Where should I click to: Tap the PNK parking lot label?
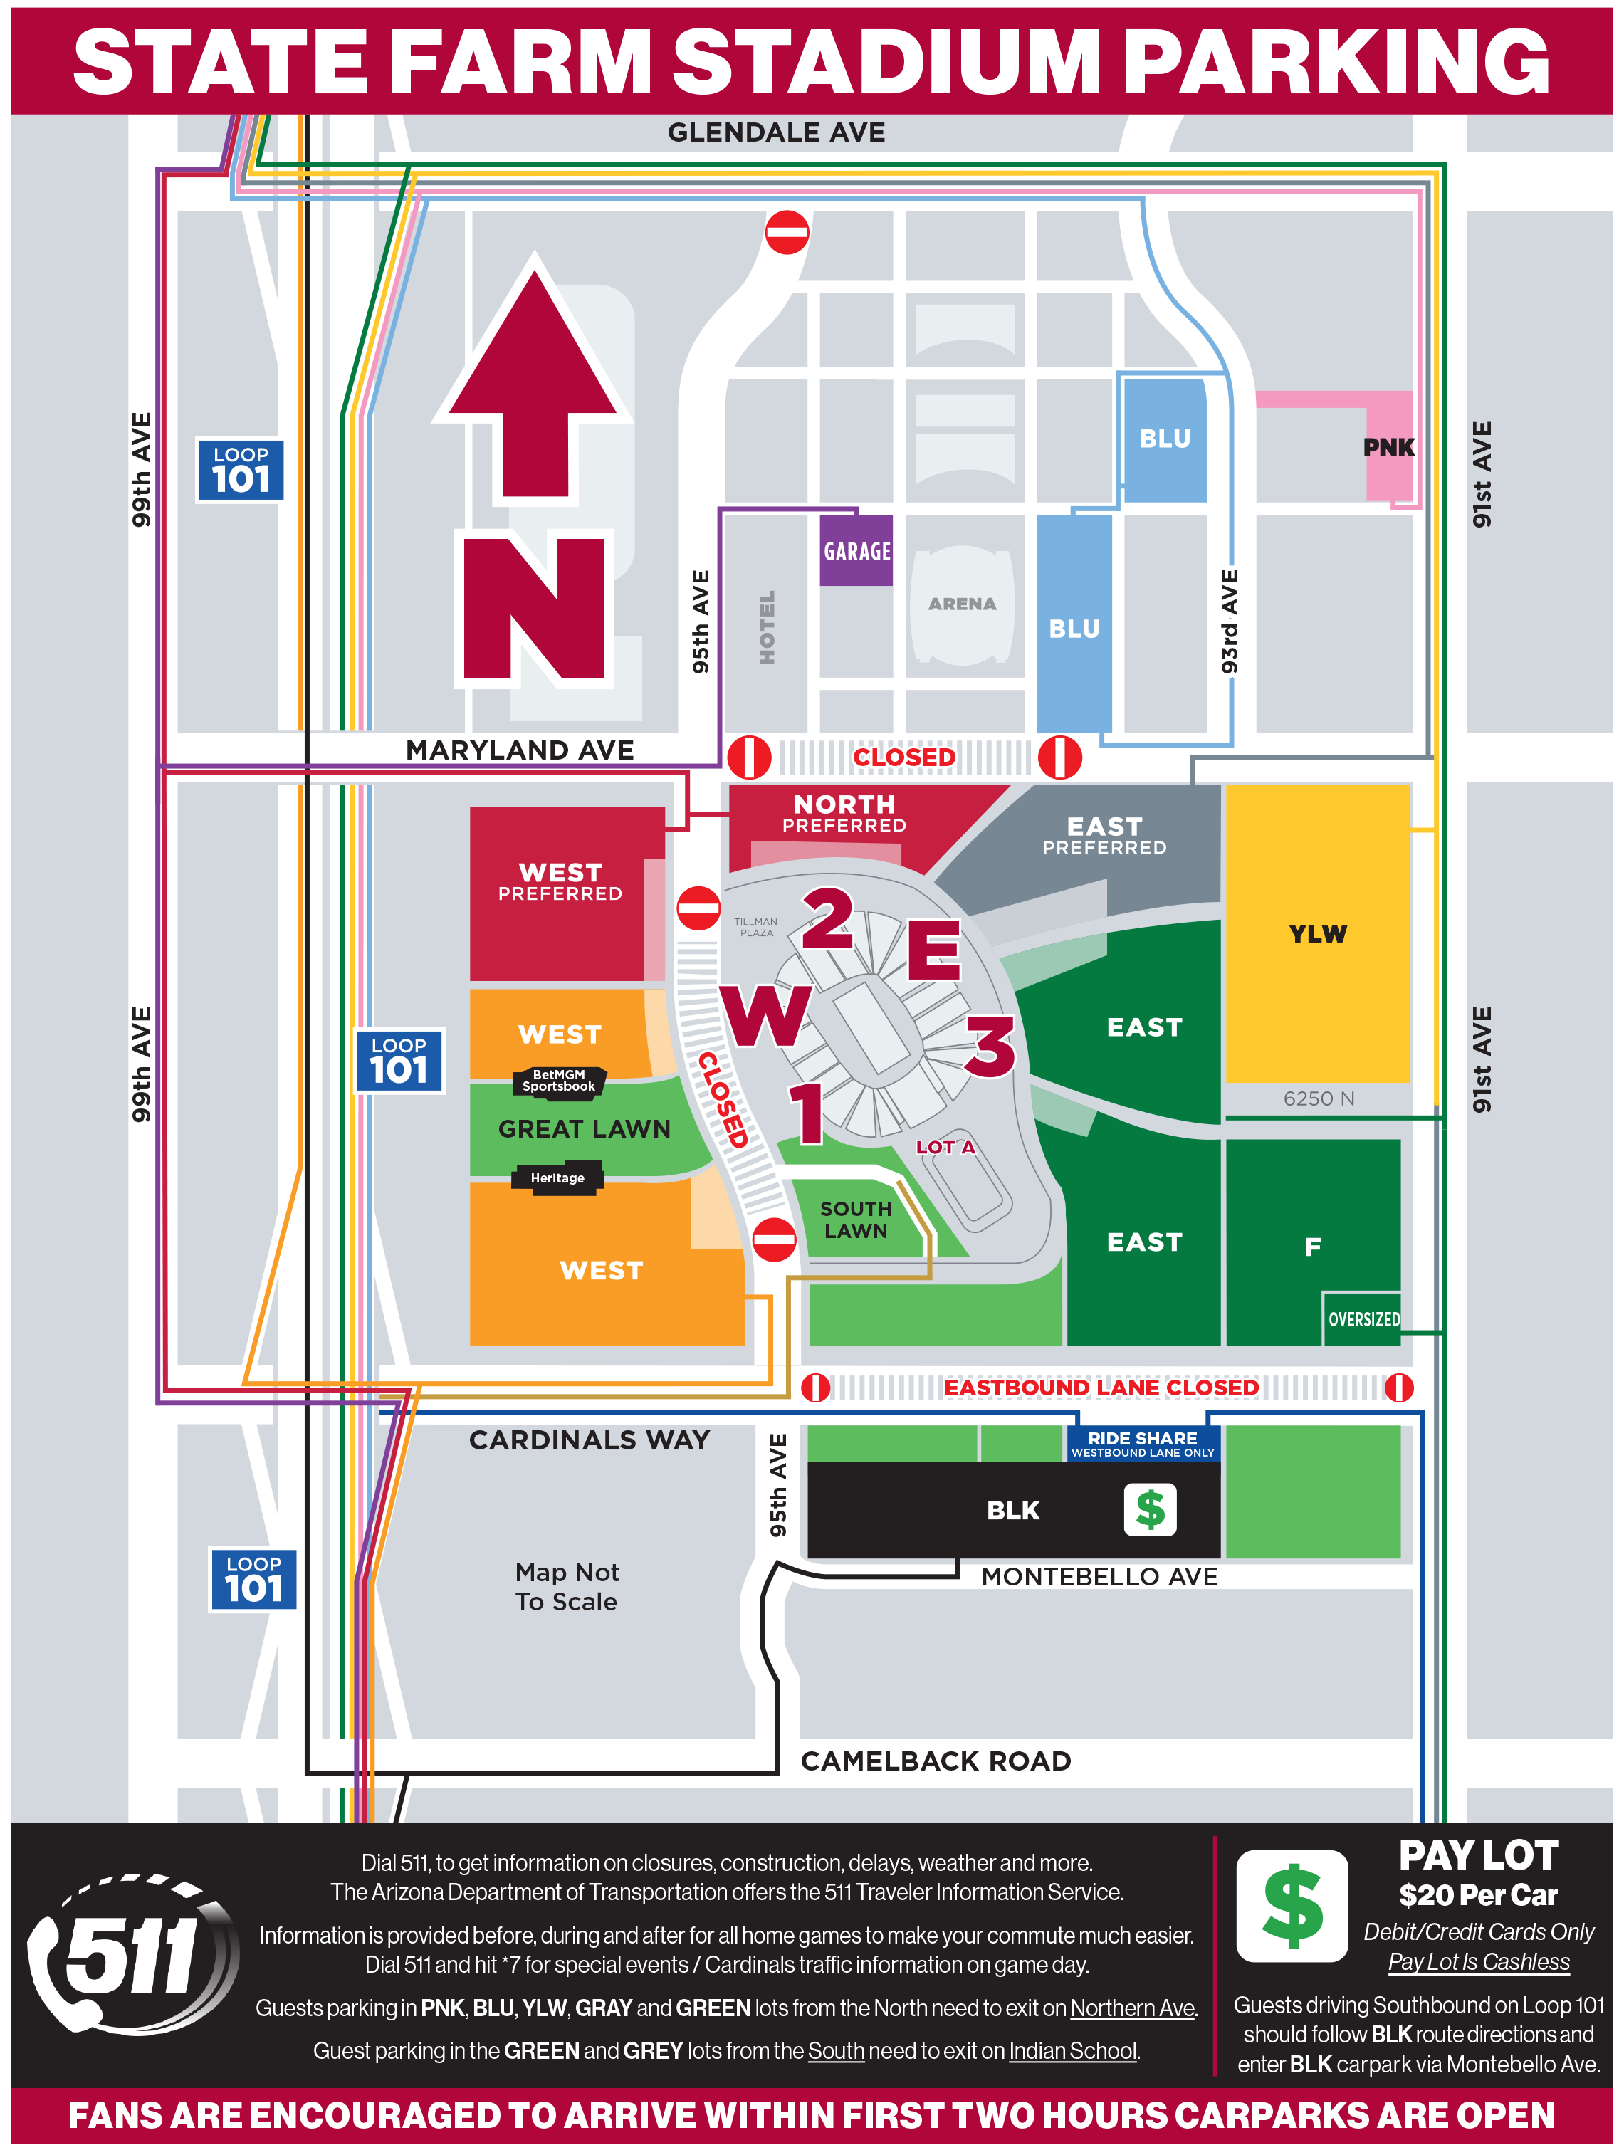pyautogui.click(x=1388, y=448)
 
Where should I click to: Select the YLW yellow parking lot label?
pyautogui.click(x=1317, y=934)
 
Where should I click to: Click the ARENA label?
pyautogui.click(x=961, y=604)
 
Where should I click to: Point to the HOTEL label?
pyautogui.click(x=767, y=627)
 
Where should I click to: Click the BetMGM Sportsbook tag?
pyautogui.click(x=559, y=1081)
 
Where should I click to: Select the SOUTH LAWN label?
pyautogui.click(x=855, y=1219)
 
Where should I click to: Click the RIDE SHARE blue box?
pyautogui.click(x=1142, y=1443)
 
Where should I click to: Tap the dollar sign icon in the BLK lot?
pyautogui.click(x=1150, y=1509)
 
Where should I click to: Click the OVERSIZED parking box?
pyautogui.click(x=1363, y=1319)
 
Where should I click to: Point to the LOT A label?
pyautogui.click(x=945, y=1147)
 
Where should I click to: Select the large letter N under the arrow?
pyautogui.click(x=533, y=609)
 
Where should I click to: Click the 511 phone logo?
pyautogui.click(x=131, y=1956)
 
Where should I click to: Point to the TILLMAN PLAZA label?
pyautogui.click(x=755, y=926)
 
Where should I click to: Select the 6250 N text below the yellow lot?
pyautogui.click(x=1318, y=1098)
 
